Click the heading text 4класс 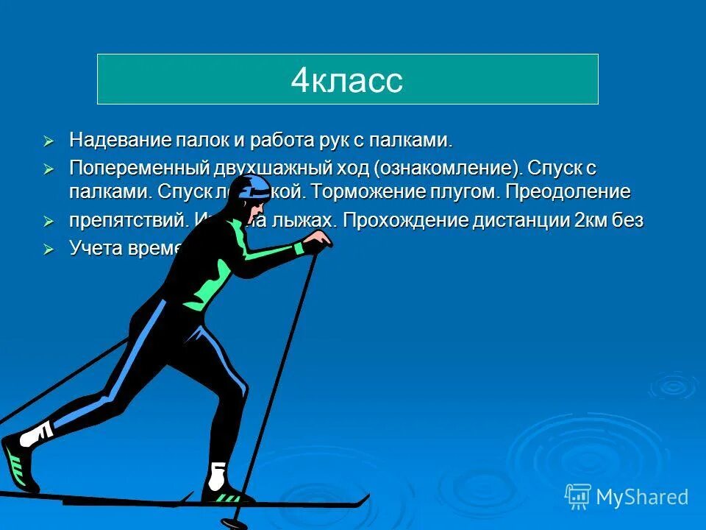click(346, 80)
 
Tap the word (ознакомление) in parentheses click(448, 167)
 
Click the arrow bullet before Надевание click(49, 140)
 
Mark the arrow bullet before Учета click(49, 249)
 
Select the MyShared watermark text click(642, 497)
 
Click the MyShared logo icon click(577, 497)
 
